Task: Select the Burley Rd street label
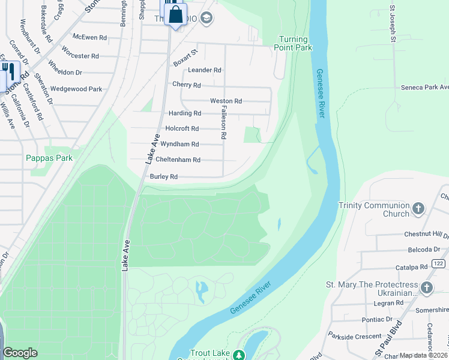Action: coord(164,177)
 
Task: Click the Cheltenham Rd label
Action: coord(178,160)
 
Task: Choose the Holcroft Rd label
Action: coord(182,128)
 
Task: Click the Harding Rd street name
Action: coord(184,113)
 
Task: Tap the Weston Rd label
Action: coord(226,101)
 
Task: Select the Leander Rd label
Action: coord(205,70)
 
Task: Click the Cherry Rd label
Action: coord(186,85)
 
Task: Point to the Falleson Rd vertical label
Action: coord(223,123)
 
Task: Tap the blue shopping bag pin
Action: coord(175,14)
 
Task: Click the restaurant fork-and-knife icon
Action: coord(8,71)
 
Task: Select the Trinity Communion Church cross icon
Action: coord(418,209)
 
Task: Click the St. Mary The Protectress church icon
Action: coord(427,288)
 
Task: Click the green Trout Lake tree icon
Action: coord(239,355)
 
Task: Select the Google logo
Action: coord(20,353)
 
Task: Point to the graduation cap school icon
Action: coord(207,19)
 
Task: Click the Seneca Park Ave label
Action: coord(424,88)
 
